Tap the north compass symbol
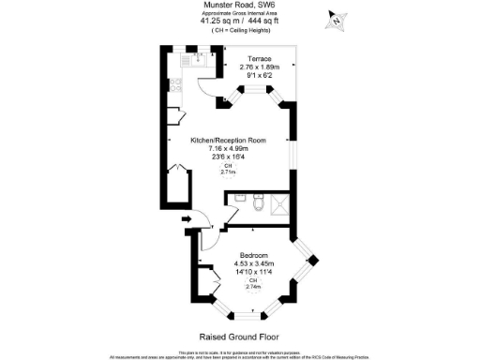tap(337, 18)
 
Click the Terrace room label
tap(253, 58)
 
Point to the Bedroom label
tap(253, 256)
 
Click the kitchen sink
tap(198, 59)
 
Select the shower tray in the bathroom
tap(282, 204)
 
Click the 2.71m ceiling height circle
tap(228, 169)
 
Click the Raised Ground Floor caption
tap(239, 336)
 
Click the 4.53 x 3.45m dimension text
tap(253, 264)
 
